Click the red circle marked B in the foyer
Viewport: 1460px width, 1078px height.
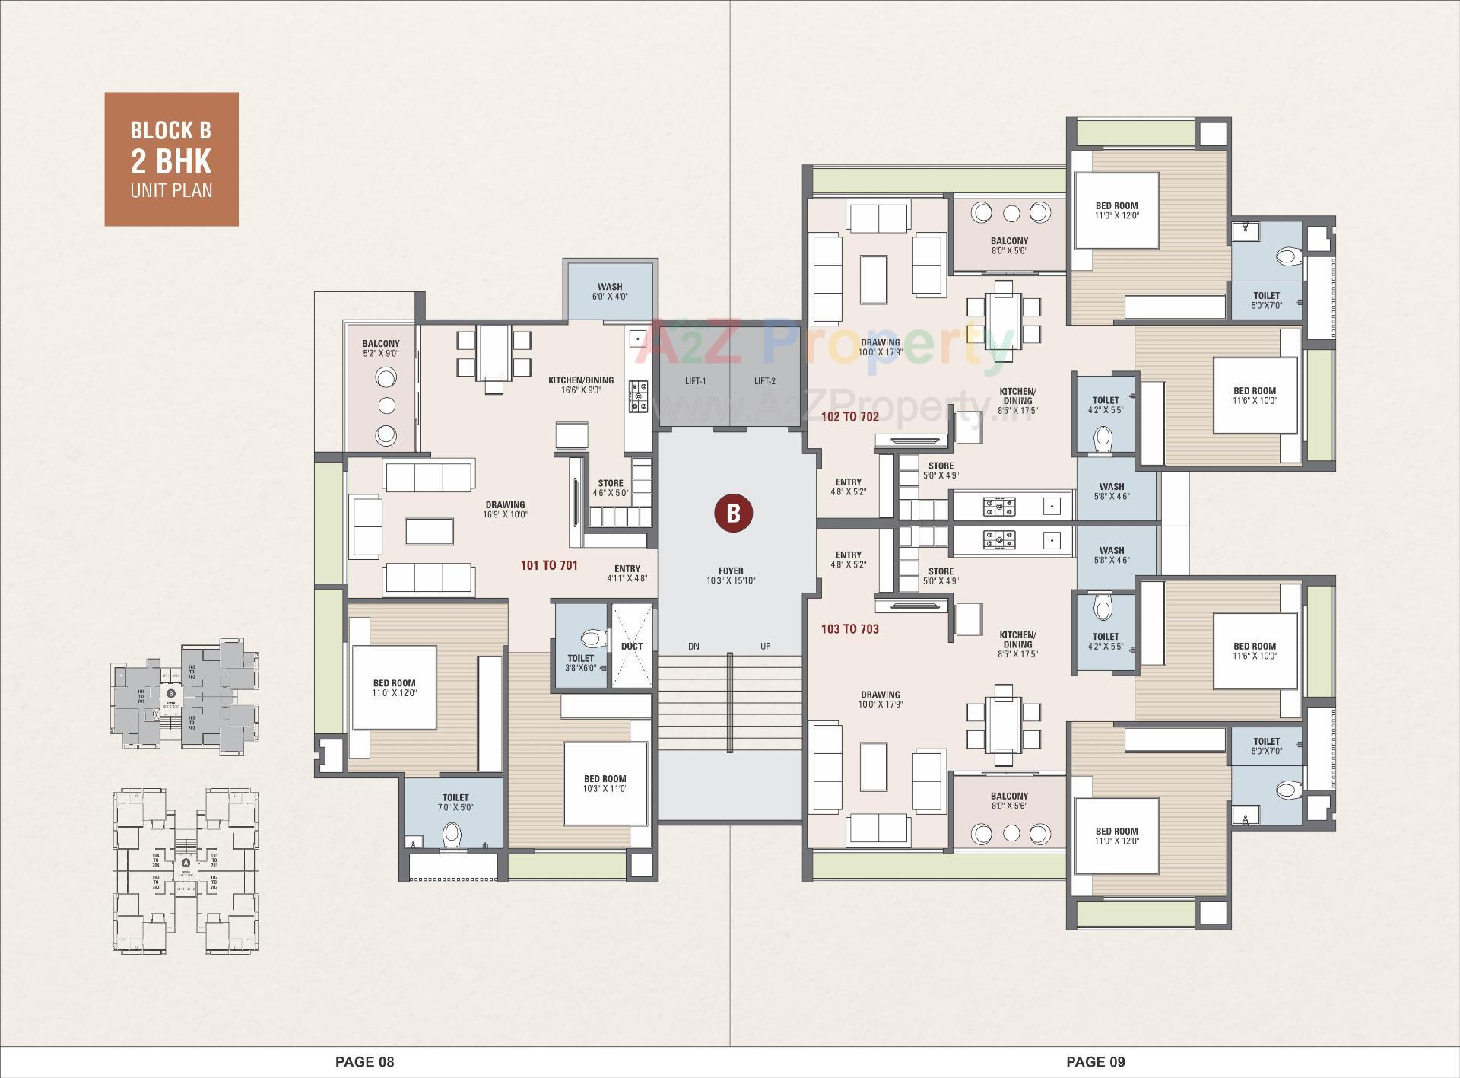point(732,514)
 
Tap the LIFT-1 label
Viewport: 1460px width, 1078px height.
point(695,381)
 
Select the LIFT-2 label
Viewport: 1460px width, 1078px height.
point(764,381)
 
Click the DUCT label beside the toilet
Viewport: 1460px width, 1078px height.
point(632,646)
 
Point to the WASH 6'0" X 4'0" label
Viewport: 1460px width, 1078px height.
point(610,291)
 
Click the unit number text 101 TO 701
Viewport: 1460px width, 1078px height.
point(549,565)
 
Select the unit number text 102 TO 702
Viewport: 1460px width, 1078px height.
point(849,417)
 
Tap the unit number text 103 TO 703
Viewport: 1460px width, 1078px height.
point(849,629)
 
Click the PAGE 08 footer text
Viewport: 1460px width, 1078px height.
point(365,1061)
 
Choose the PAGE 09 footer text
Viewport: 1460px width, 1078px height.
point(1095,1061)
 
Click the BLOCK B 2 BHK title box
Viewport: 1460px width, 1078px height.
point(171,159)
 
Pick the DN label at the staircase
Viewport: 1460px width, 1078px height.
point(693,647)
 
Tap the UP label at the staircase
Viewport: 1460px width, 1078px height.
point(765,647)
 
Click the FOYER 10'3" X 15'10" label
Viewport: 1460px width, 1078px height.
point(731,575)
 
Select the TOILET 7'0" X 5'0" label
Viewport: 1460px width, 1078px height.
point(455,802)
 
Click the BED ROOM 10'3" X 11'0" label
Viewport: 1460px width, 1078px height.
point(605,784)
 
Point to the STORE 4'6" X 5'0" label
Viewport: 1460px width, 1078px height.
point(611,488)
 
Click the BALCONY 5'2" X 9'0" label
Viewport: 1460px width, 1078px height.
point(381,348)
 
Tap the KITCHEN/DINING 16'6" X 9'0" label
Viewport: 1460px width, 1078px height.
point(581,385)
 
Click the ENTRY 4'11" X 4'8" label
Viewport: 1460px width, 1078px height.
point(627,573)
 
